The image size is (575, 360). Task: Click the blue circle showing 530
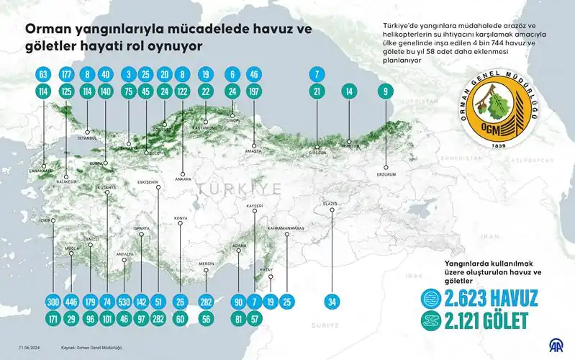pyautogui.click(x=125, y=301)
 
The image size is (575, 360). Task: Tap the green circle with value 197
pyautogui.click(x=253, y=91)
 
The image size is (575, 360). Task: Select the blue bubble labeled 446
pyautogui.click(x=71, y=301)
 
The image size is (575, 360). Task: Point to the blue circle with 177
pyautogui.click(x=68, y=74)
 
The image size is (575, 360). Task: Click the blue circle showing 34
pyautogui.click(x=332, y=301)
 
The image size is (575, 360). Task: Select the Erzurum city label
pyautogui.click(x=386, y=174)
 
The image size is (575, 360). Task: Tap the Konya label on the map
pyautogui.click(x=181, y=218)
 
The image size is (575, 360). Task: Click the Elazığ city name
pyautogui.click(x=330, y=204)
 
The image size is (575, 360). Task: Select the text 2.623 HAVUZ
pyautogui.click(x=481, y=298)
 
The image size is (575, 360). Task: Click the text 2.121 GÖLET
pyautogui.click(x=481, y=320)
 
